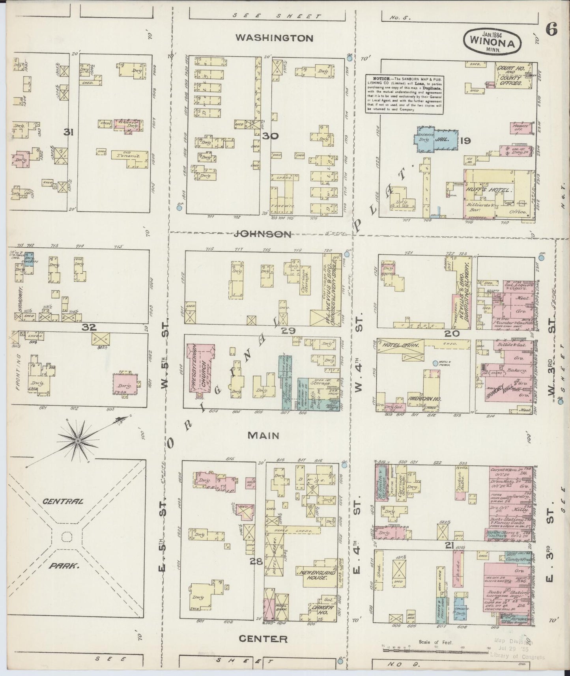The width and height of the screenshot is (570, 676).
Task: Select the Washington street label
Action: pyautogui.click(x=274, y=38)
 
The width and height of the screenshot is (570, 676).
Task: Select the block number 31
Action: pyautogui.click(x=69, y=133)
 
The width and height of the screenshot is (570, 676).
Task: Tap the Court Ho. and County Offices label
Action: pyautogui.click(x=510, y=76)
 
